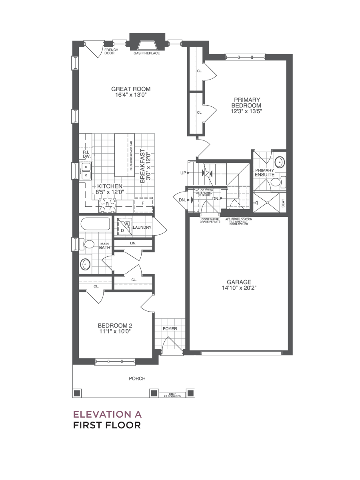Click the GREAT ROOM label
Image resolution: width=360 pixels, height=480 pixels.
click(x=131, y=89)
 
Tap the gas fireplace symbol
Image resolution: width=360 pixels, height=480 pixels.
click(x=147, y=46)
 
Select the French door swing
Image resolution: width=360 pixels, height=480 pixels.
click(x=94, y=50)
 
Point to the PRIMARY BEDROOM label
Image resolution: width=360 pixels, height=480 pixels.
click(x=246, y=102)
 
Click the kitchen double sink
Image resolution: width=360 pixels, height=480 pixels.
click(x=85, y=171)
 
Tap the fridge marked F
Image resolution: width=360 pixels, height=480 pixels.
click(x=143, y=204)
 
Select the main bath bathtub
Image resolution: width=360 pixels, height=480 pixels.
click(x=95, y=224)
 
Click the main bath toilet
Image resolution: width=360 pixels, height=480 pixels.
click(x=86, y=244)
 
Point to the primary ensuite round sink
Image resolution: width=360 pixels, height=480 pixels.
click(x=280, y=162)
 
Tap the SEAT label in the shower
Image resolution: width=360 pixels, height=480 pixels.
click(x=283, y=203)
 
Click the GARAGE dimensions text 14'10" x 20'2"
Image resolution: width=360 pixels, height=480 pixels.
click(x=239, y=288)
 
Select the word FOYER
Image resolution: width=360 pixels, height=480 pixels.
click(x=170, y=329)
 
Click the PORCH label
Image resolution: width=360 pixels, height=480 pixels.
click(x=137, y=378)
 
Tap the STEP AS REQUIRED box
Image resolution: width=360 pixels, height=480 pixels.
click(x=172, y=395)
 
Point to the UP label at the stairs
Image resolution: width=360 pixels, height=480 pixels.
click(x=183, y=173)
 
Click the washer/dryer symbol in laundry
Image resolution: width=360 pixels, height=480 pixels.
click(x=124, y=226)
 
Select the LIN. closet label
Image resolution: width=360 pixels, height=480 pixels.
click(x=133, y=243)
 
